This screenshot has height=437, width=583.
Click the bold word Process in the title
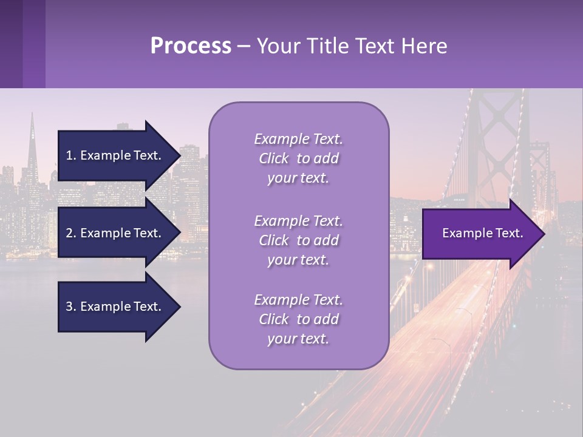[x=190, y=46]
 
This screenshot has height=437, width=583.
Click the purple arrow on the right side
[x=480, y=234]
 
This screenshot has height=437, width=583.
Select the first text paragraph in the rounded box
[x=298, y=158]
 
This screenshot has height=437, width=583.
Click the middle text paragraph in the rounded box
[x=298, y=240]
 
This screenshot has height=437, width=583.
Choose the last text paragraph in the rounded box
[x=298, y=319]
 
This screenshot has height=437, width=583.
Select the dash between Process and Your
[x=244, y=46]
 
